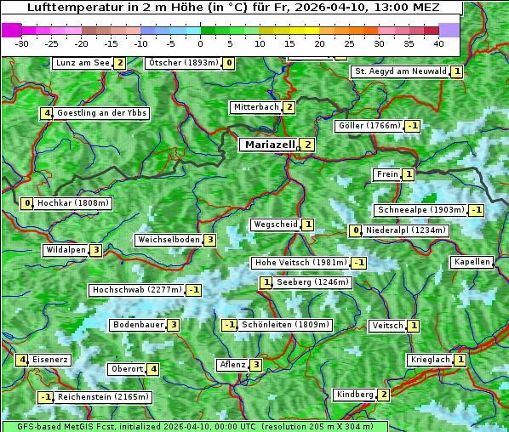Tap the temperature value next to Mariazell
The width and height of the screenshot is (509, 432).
[x=307, y=145]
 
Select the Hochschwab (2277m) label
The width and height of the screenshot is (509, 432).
[x=136, y=290]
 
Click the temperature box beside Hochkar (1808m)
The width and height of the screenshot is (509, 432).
[x=27, y=203]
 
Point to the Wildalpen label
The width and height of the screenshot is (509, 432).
[x=66, y=250]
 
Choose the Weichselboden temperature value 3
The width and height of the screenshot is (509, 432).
[x=209, y=240]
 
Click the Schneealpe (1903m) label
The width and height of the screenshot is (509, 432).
[x=420, y=210]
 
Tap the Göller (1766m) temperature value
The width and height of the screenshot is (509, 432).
[x=412, y=126]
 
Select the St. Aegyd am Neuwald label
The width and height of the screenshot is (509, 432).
[x=400, y=71]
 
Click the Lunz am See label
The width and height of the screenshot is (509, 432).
[x=82, y=63]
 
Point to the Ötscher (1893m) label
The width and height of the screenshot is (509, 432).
[x=183, y=63]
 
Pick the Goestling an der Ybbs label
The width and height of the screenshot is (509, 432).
[x=101, y=113]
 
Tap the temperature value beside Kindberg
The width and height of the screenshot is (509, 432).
[x=384, y=395]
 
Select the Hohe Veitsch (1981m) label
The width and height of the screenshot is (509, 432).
[x=301, y=263]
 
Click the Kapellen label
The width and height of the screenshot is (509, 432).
[x=472, y=262]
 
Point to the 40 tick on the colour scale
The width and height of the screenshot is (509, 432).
[x=438, y=43]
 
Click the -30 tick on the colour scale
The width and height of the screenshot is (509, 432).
[x=22, y=43]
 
